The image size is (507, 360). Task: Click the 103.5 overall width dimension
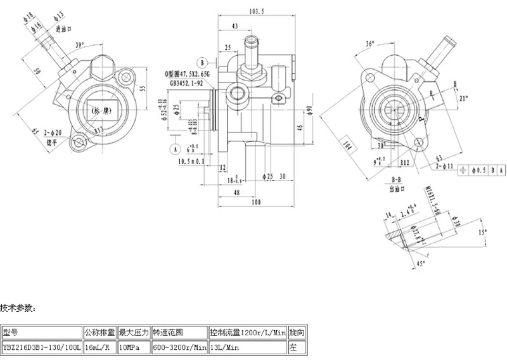click(256, 11)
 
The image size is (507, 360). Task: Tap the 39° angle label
click(79, 45)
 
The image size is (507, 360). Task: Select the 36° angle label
click(370, 44)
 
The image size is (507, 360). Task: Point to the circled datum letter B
click(202, 62)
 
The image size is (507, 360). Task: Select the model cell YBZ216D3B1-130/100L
click(41, 347)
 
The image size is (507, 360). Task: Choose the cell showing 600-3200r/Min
click(179, 347)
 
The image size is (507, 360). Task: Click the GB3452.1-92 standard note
click(185, 82)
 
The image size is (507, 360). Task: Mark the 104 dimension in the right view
click(346, 148)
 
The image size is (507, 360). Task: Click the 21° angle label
click(463, 98)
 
